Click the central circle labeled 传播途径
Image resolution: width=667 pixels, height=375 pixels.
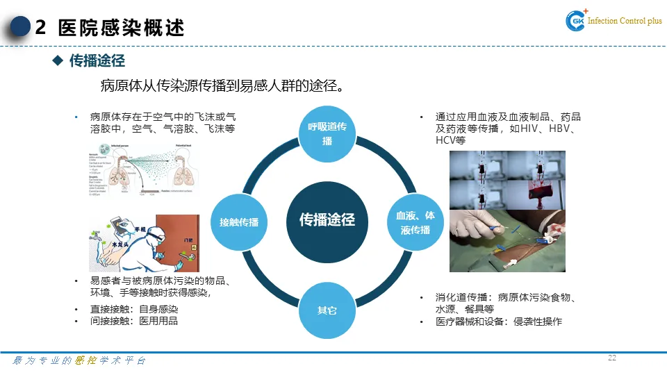(327, 220)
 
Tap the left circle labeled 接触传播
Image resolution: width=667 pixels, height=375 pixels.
(238, 222)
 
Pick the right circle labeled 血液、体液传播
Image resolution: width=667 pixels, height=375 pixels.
(415, 222)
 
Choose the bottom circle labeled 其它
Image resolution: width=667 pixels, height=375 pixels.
(327, 310)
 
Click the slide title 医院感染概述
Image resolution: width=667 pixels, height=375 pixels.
(122, 28)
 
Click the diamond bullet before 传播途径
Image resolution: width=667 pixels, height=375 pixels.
(58, 61)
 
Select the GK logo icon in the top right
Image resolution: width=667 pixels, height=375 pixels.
(577, 22)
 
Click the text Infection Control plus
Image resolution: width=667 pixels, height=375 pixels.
(625, 21)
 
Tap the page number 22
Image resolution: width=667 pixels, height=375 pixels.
(612, 358)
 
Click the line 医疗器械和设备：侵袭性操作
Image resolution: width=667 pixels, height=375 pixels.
(499, 322)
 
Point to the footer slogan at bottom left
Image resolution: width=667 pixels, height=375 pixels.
(80, 361)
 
